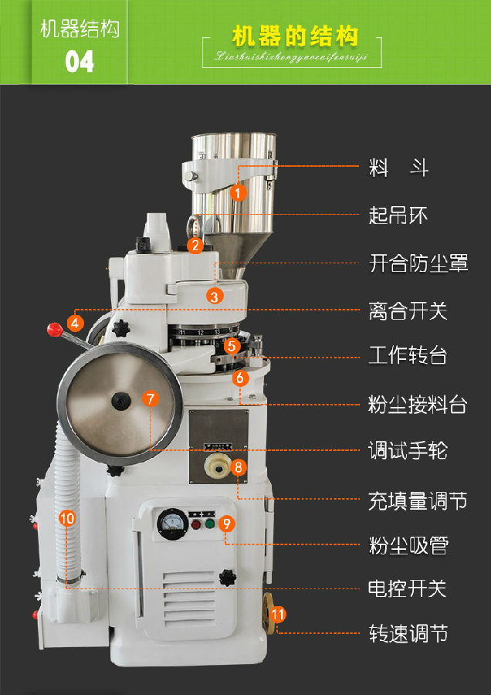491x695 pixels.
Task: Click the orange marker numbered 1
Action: (x=239, y=192)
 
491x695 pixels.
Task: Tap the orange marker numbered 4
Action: (x=76, y=322)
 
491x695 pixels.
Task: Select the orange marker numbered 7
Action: (x=151, y=399)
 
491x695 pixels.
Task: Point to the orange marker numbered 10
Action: (x=67, y=518)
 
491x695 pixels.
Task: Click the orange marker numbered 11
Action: (x=279, y=615)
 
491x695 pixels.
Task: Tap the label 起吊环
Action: (x=398, y=215)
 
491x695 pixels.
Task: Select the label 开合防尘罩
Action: (x=418, y=264)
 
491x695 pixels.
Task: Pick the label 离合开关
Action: (x=408, y=311)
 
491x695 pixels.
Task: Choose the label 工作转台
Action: (x=408, y=356)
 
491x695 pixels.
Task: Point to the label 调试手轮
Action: (x=408, y=451)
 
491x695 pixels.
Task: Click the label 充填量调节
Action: (x=418, y=500)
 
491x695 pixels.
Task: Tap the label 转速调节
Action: (x=408, y=636)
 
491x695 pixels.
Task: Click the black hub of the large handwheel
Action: (x=120, y=400)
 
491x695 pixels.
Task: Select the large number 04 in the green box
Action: (x=80, y=61)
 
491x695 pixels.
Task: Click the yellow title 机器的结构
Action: (x=296, y=36)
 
